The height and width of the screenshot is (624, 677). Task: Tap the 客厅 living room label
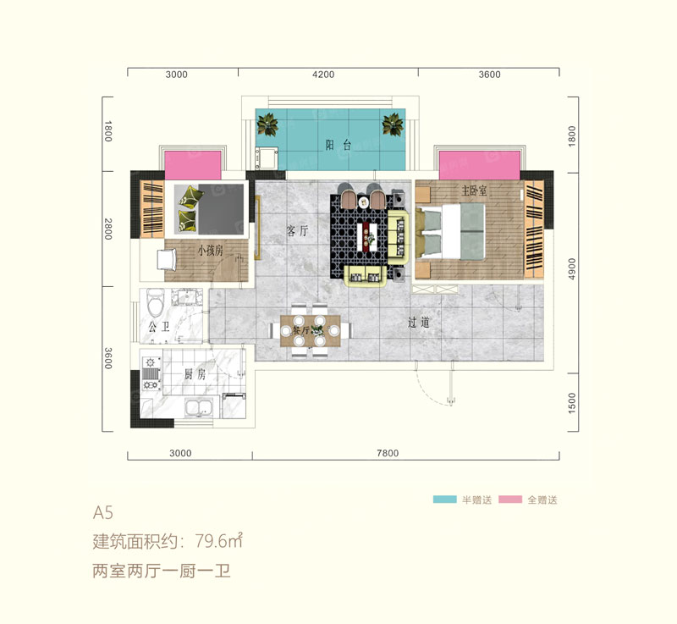[297, 230]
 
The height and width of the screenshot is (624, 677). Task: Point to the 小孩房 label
[210, 251]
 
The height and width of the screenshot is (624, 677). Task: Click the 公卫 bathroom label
[158, 326]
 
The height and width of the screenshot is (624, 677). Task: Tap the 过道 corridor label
[418, 322]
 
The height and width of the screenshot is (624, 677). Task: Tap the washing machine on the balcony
[270, 157]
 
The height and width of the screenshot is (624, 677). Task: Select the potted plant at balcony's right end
[393, 125]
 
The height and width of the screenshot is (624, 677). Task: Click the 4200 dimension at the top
[323, 75]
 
